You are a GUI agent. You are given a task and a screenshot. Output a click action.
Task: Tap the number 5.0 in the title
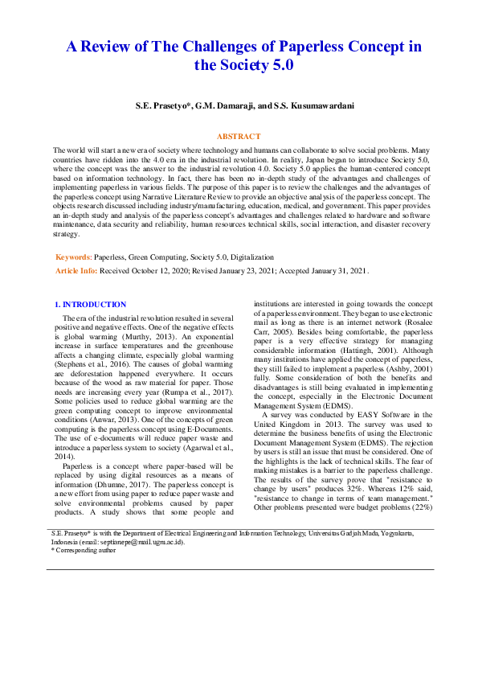[x=279, y=65]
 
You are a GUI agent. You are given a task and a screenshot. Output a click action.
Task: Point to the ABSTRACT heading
[x=239, y=137]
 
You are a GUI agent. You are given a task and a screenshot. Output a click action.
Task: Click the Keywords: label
[x=73, y=256]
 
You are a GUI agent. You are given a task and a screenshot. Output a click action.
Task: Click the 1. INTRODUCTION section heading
[x=89, y=305]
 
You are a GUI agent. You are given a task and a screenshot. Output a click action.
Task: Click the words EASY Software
[x=375, y=415]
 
